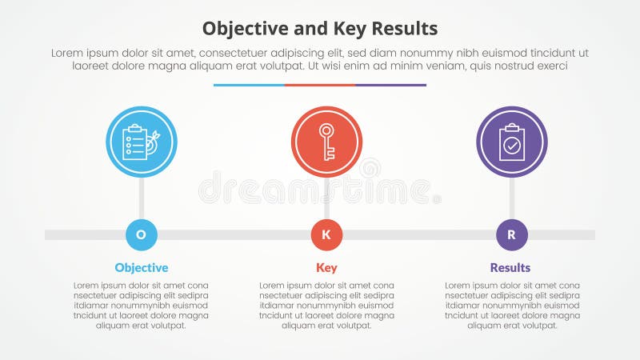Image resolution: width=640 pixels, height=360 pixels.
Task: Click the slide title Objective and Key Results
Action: [x=320, y=30]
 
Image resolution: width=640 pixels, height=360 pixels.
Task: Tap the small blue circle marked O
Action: [x=142, y=234]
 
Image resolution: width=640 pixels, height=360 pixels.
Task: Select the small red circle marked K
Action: [x=326, y=234]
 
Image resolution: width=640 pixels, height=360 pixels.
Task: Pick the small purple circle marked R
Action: [x=512, y=234]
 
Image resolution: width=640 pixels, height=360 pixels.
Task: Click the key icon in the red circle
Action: [x=326, y=142]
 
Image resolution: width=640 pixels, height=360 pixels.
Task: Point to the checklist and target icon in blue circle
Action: [x=142, y=142]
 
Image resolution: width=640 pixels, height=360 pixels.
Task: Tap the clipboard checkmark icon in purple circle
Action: [x=512, y=142]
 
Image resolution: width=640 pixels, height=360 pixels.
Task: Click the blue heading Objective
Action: [x=142, y=268]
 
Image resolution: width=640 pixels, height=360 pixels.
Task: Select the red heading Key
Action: [x=326, y=268]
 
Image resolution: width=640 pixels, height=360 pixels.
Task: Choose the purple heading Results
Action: [x=510, y=268]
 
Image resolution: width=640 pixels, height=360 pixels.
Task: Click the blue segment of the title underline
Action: [x=249, y=85]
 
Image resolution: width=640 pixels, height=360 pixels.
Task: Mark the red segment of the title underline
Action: [x=320, y=85]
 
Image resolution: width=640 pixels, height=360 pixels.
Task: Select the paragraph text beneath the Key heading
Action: [x=326, y=305]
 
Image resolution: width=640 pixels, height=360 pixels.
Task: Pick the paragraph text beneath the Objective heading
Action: [x=142, y=305]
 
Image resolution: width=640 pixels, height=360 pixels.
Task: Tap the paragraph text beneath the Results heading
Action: [x=512, y=305]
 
